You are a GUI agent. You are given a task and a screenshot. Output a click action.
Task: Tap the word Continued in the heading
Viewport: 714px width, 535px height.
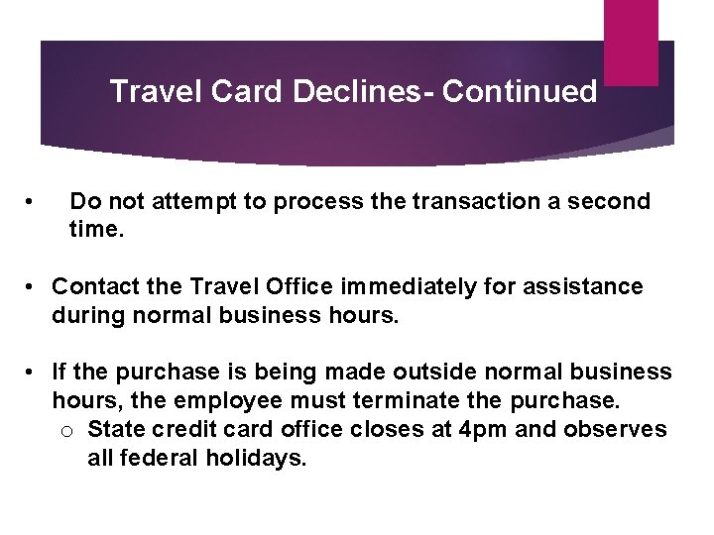pyautogui.click(x=520, y=92)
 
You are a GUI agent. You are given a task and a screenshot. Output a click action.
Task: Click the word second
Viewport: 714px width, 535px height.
pyautogui.click(x=610, y=202)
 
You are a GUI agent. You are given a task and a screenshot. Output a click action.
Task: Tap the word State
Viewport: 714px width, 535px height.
pyautogui.click(x=116, y=430)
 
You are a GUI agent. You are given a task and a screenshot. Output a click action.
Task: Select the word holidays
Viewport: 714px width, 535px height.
pyautogui.click(x=257, y=459)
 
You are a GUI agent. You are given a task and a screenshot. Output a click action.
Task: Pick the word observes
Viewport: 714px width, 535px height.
pyautogui.click(x=620, y=430)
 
